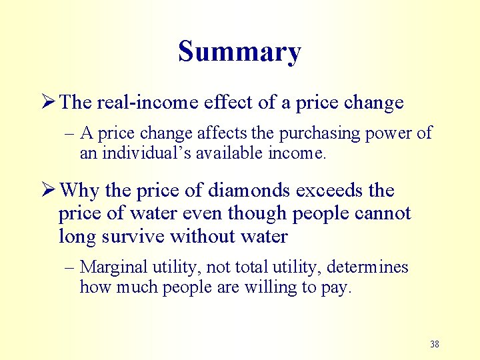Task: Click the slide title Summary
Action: [239, 51]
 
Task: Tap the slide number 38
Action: [435, 344]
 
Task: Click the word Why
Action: [79, 191]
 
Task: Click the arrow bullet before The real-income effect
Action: [48, 103]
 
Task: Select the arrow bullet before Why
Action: [48, 191]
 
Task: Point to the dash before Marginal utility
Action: [69, 267]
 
